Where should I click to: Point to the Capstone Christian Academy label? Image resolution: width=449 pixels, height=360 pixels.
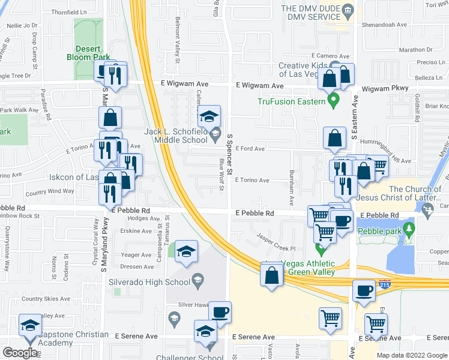click(54, 339)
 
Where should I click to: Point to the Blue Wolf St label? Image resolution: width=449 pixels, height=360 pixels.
click(221, 175)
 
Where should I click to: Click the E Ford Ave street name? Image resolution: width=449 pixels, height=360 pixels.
click(250, 149)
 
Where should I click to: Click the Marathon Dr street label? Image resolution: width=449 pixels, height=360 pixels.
click(415, 50)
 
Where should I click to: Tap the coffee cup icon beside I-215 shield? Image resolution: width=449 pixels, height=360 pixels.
click(364, 290)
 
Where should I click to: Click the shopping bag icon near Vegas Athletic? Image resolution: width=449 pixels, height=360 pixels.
click(271, 275)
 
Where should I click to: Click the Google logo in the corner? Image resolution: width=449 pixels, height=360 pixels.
click(20, 353)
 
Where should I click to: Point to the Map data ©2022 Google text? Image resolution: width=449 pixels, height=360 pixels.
click(411, 355)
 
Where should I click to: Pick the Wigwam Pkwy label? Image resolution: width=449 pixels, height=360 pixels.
click(385, 88)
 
